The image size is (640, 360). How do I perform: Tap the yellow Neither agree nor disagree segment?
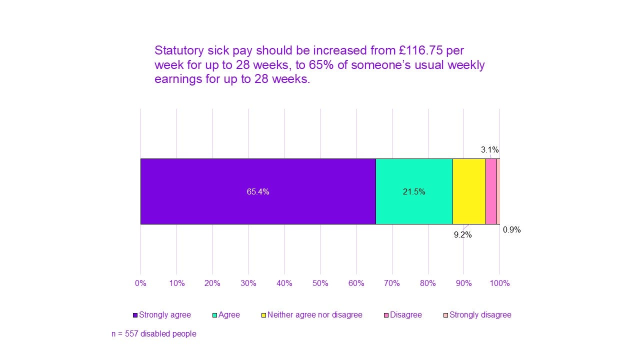(469, 191)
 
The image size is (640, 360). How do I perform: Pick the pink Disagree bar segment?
(491, 191)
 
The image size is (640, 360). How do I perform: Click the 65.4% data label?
(258, 191)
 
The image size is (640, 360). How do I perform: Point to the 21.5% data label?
(414, 191)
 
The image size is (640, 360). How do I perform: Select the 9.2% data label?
(462, 234)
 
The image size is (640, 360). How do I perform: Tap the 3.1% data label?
(489, 149)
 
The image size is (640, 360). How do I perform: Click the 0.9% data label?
(511, 230)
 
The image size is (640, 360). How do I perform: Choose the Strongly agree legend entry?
(162, 315)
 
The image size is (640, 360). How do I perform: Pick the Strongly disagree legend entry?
(477, 315)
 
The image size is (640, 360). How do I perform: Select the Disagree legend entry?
(402, 315)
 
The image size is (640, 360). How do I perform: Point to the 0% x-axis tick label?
(140, 283)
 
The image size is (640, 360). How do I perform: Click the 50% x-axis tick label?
(320, 283)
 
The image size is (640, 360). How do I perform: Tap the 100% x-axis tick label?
(499, 283)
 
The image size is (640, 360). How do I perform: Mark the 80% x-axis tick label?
(428, 283)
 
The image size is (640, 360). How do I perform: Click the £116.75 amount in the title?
(420, 50)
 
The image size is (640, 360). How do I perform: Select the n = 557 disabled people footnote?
(153, 333)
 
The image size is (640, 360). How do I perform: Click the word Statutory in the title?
(178, 50)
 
